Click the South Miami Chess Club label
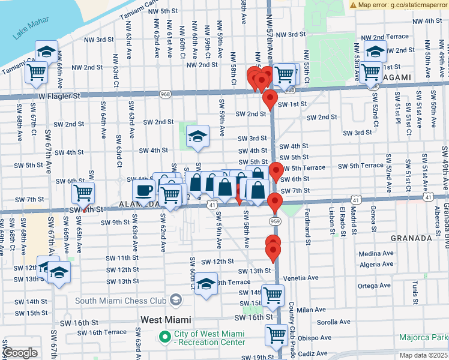tap(120, 300)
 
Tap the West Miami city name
tap(166, 320)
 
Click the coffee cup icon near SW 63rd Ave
tap(143, 191)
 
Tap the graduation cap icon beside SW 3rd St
tap(197, 136)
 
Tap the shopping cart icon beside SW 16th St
tap(277, 334)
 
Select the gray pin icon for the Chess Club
tap(176, 299)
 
